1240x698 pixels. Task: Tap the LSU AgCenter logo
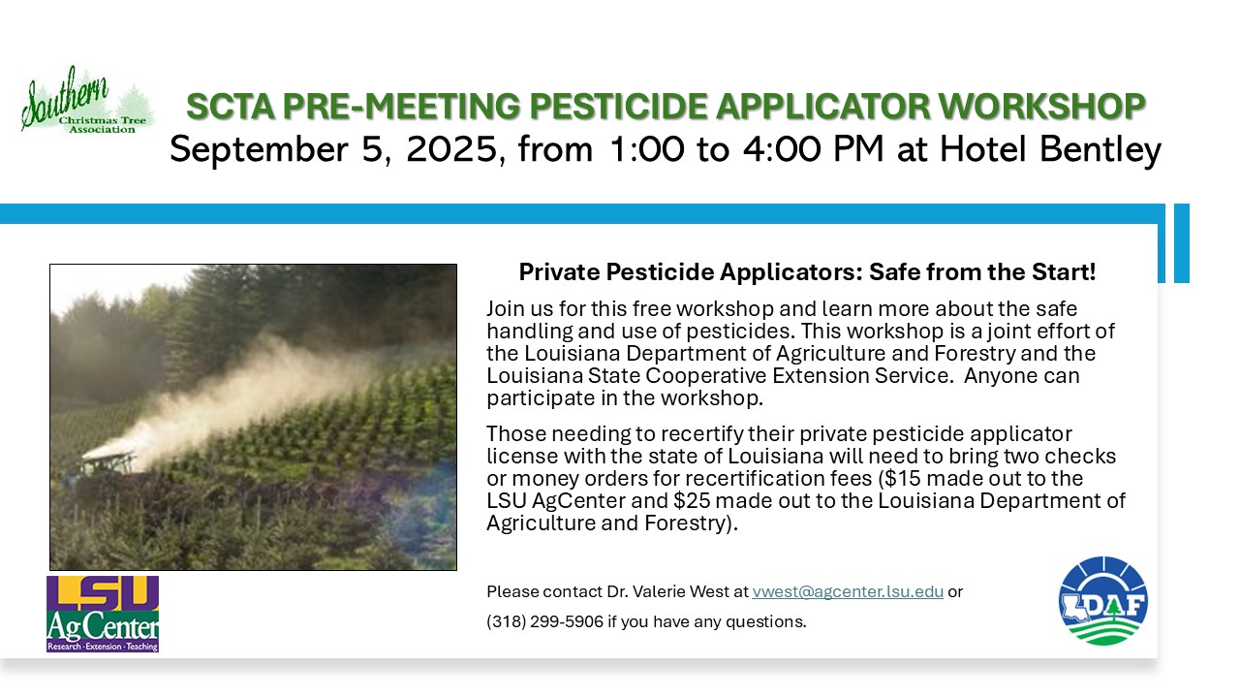coord(103,614)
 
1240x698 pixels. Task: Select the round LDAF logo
coord(1102,601)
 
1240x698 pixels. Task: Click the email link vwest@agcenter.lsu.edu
coord(848,591)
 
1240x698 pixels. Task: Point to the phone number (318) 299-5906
coord(544,621)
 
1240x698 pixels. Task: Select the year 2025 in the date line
coord(452,149)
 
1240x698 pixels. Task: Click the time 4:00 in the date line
coord(782,149)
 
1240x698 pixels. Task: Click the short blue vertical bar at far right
coord(1181,243)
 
